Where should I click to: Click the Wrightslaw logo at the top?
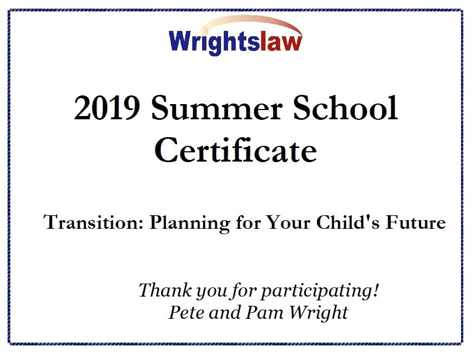[x=236, y=36]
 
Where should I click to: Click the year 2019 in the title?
[x=107, y=108]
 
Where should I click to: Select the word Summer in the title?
[x=217, y=108]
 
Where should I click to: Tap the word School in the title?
[x=346, y=107]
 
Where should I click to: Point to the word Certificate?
[x=236, y=150]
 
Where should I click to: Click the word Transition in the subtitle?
[x=94, y=222]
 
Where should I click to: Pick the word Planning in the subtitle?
[x=190, y=223]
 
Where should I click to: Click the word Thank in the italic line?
[x=165, y=290]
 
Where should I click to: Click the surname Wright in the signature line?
[x=319, y=313]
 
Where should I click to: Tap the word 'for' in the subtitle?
[x=248, y=222]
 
